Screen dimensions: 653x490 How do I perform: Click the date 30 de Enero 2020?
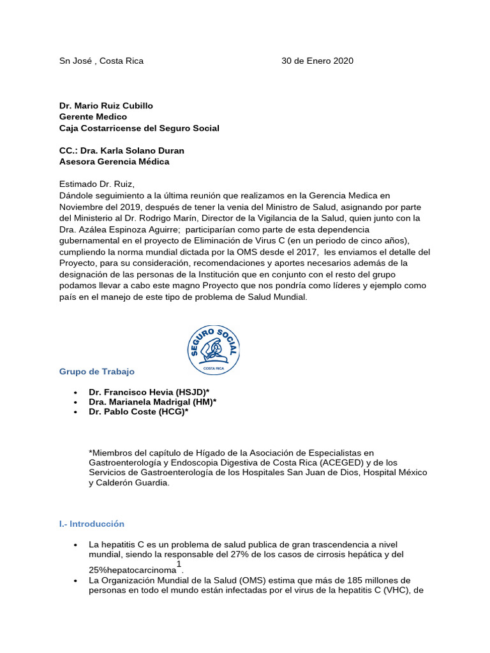pyautogui.click(x=317, y=61)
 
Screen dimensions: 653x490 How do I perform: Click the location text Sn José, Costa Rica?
pyautogui.click(x=101, y=61)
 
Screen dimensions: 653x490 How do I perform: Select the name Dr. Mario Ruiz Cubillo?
pyautogui.click(x=106, y=106)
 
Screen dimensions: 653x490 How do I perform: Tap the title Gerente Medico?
pyautogui.click(x=93, y=117)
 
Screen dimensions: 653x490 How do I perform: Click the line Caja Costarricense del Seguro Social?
pyautogui.click(x=139, y=128)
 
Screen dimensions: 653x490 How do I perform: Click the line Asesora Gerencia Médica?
pyautogui.click(x=114, y=162)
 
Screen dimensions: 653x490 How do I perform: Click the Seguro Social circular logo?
pyautogui.click(x=214, y=349)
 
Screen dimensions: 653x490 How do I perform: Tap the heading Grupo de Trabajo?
pyautogui.click(x=97, y=372)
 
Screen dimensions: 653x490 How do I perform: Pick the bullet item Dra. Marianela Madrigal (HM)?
pyautogui.click(x=152, y=402)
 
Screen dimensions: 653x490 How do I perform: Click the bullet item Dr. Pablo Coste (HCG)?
pyautogui.click(x=138, y=412)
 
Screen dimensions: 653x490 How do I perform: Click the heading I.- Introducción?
pyautogui.click(x=92, y=524)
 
